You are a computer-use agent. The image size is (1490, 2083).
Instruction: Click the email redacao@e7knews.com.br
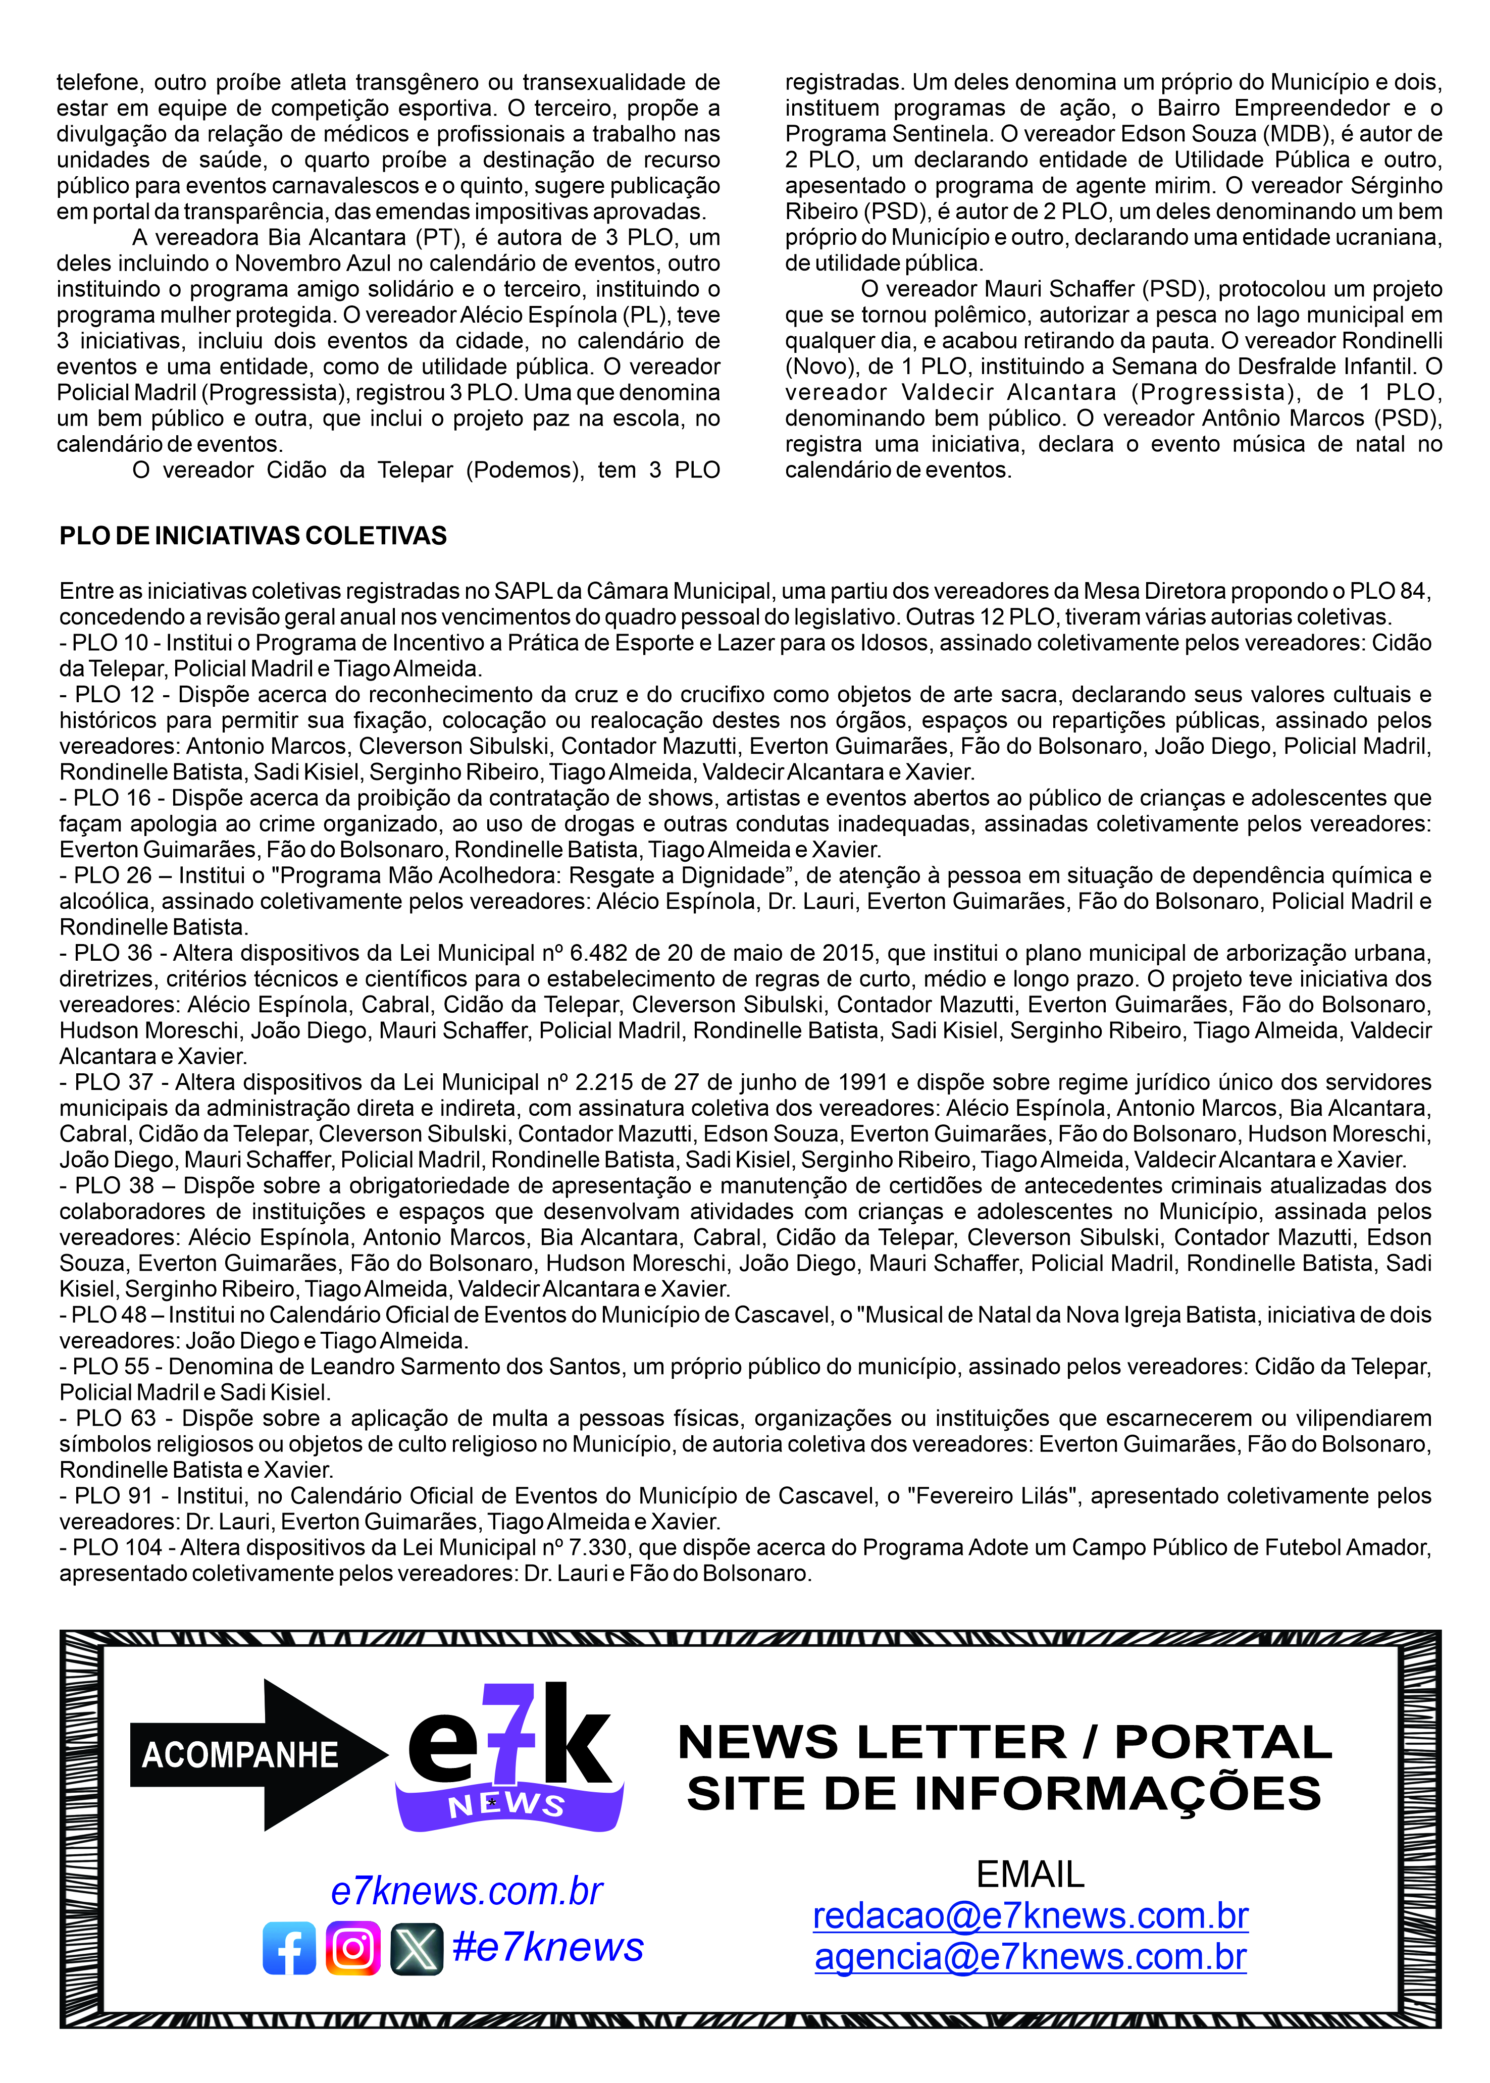tap(1031, 1915)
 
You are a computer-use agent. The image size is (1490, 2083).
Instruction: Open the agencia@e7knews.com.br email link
tap(1031, 1956)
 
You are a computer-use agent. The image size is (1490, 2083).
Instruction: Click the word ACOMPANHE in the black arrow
tap(240, 1755)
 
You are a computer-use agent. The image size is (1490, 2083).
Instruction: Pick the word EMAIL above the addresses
tap(1031, 1874)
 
